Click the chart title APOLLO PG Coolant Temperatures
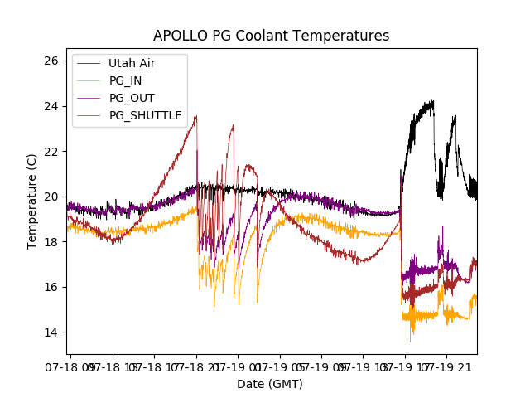pyautogui.click(x=271, y=36)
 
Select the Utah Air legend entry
pyautogui.click(x=131, y=63)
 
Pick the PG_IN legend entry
pyautogui.click(x=125, y=80)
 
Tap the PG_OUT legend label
pyautogui.click(x=131, y=98)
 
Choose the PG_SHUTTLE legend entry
pyautogui.click(x=145, y=115)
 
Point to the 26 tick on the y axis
pyautogui.click(x=51, y=61)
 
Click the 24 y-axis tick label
pyautogui.click(x=51, y=106)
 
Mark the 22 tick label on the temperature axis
pyautogui.click(x=51, y=152)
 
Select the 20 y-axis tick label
pyautogui.click(x=51, y=197)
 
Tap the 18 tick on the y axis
pyautogui.click(x=51, y=242)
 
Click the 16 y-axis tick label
pyautogui.click(x=51, y=287)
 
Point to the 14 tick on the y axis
pyautogui.click(x=51, y=332)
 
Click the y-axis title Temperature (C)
pyautogui.click(x=32, y=201)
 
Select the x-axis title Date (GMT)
pyautogui.click(x=270, y=384)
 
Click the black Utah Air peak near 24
pyautogui.click(x=431, y=102)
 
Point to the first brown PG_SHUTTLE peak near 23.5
pyautogui.click(x=196, y=117)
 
